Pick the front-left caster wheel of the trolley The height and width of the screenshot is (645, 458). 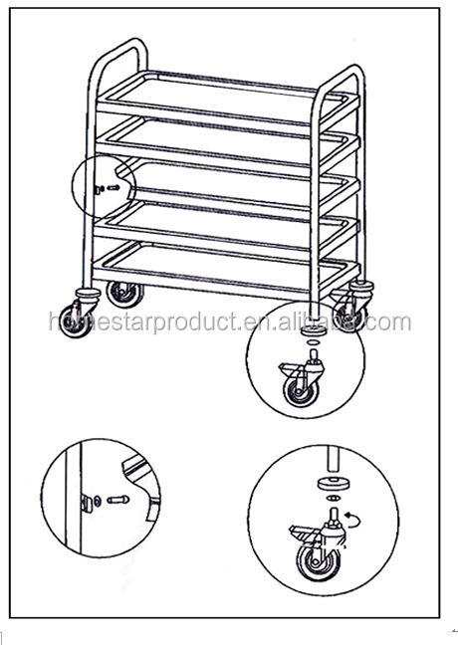[x=76, y=321]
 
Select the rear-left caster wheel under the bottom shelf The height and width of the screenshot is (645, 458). [x=124, y=294]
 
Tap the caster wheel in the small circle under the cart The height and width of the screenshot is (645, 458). [x=301, y=392]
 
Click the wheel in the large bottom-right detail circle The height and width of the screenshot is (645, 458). [x=319, y=562]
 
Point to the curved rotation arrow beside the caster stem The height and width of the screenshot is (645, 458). [x=354, y=520]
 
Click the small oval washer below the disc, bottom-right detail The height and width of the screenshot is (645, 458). [x=334, y=499]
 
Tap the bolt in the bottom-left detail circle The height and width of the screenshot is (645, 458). [x=118, y=501]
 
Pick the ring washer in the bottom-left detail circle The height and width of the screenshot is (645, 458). [x=98, y=501]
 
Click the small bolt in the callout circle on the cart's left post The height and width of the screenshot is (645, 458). [x=114, y=188]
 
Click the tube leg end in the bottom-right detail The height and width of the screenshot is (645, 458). [x=334, y=458]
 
